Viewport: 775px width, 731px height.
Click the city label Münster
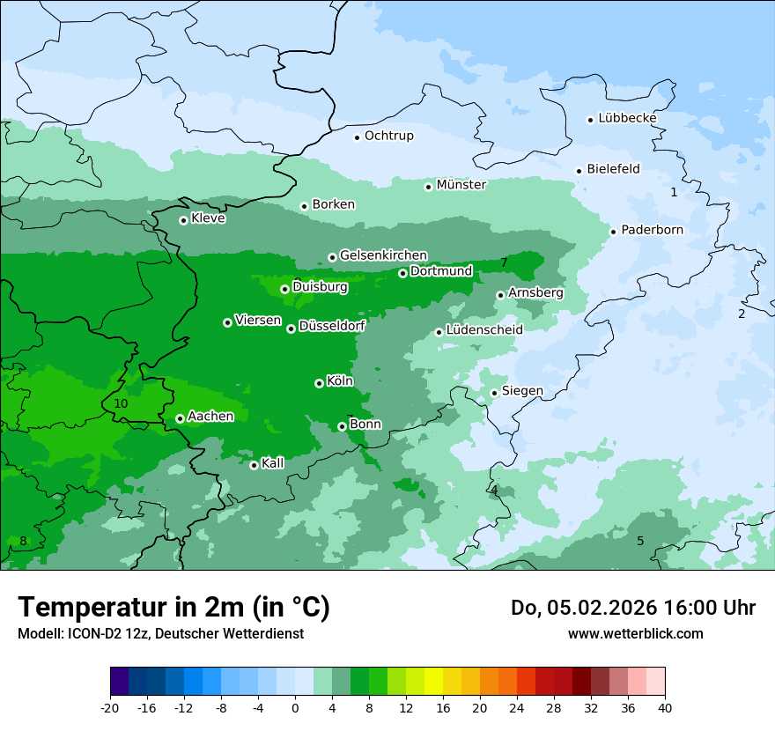pyautogui.click(x=461, y=185)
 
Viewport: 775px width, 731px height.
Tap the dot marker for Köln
pyautogui.click(x=319, y=383)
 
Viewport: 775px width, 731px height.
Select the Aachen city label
pyautogui.click(x=210, y=417)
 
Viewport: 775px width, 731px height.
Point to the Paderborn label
pyautogui.click(x=652, y=230)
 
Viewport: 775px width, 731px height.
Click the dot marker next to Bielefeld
pyautogui.click(x=579, y=171)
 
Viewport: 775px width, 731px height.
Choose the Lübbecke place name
pyautogui.click(x=627, y=118)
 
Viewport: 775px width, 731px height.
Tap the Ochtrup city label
pyautogui.click(x=388, y=136)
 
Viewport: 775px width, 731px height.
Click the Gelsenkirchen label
pyautogui.click(x=383, y=255)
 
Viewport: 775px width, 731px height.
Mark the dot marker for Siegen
pyautogui.click(x=495, y=393)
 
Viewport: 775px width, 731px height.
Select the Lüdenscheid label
pyautogui.click(x=484, y=330)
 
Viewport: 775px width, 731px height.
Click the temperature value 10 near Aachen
pyautogui.click(x=121, y=403)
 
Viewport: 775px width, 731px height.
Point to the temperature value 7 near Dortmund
pyautogui.click(x=504, y=262)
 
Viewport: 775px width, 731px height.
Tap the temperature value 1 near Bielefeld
pyautogui.click(x=674, y=192)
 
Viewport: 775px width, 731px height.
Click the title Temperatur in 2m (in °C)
pyautogui.click(x=173, y=608)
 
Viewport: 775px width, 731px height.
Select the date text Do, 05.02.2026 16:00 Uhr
pyautogui.click(x=632, y=608)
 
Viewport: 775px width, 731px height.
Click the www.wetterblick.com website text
pyautogui.click(x=635, y=633)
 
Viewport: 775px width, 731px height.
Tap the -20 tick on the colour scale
pyautogui.click(x=110, y=707)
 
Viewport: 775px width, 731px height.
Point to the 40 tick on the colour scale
pyautogui.click(x=665, y=707)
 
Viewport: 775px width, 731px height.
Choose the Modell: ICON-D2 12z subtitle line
pyautogui.click(x=160, y=633)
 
